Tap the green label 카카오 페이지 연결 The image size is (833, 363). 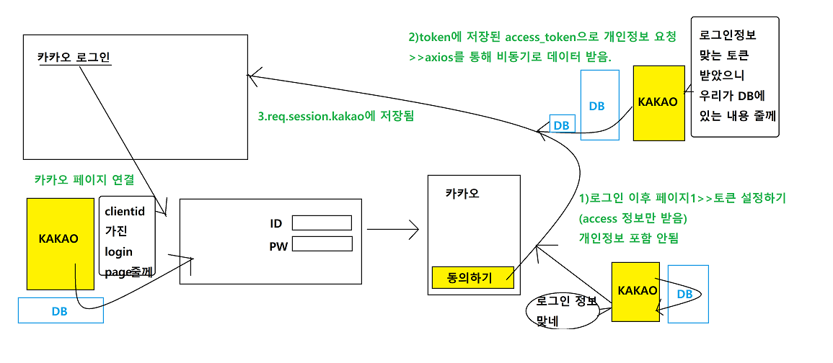(84, 179)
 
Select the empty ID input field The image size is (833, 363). (322, 223)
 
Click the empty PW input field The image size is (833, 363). (322, 245)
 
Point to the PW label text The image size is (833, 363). (278, 246)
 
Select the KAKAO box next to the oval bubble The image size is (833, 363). (637, 291)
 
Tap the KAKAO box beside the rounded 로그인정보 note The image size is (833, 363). (658, 102)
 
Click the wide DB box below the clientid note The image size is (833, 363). (61, 312)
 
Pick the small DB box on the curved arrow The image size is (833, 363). (561, 125)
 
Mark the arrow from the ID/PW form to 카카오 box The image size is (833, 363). (392, 230)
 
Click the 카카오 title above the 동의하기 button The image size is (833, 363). (462, 193)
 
